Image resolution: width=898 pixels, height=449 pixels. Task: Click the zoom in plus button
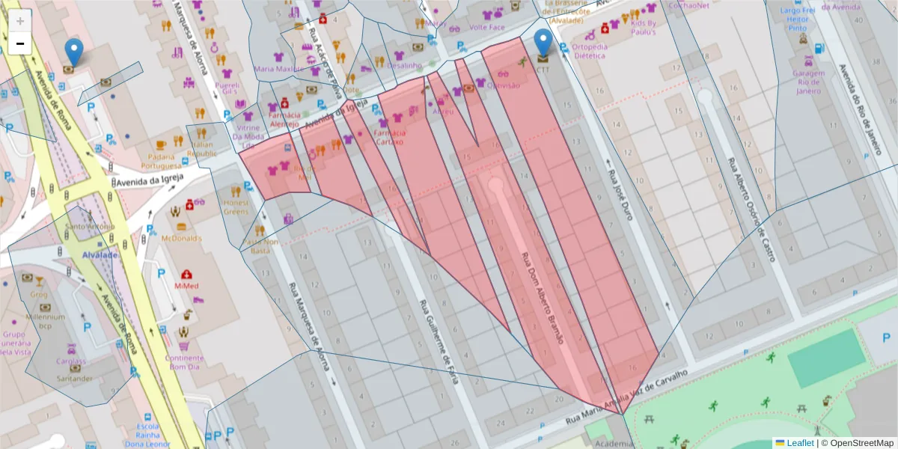pyautogui.click(x=20, y=21)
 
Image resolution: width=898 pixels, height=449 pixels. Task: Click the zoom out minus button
pyautogui.click(x=20, y=43)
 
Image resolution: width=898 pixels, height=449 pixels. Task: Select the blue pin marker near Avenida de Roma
pyautogui.click(x=73, y=52)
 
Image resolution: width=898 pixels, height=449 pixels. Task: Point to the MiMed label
pyautogui.click(x=186, y=286)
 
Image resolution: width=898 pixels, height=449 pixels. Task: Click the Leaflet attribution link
pyautogui.click(x=799, y=443)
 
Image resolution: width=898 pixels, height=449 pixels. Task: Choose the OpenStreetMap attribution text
pyautogui.click(x=857, y=443)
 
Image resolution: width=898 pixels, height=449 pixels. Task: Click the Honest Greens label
pyautogui.click(x=236, y=207)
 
